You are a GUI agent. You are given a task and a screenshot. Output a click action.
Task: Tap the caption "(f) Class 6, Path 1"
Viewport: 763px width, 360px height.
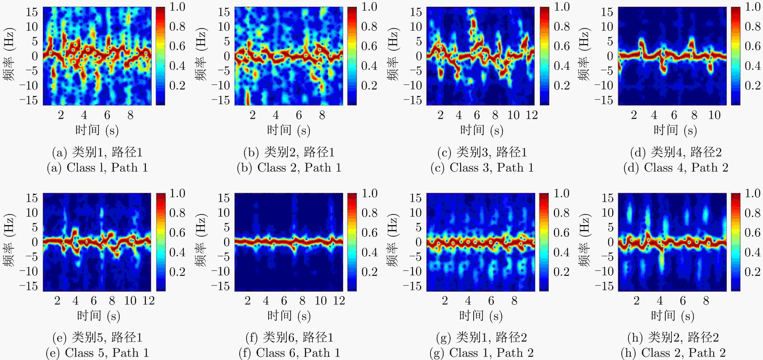pyautogui.click(x=289, y=353)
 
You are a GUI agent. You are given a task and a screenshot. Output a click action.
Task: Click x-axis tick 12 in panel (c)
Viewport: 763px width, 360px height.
pyautogui.click(x=532, y=115)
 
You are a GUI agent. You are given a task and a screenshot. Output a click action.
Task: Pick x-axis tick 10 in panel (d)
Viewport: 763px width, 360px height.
pyautogui.click(x=714, y=115)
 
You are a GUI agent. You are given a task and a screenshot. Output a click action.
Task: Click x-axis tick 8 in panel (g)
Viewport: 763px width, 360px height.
pyautogui.click(x=514, y=301)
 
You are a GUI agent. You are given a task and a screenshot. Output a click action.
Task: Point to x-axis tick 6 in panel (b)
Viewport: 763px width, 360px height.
pyautogui.click(x=299, y=115)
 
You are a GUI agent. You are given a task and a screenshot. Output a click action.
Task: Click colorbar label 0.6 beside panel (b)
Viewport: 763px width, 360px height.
pyautogui.click(x=369, y=46)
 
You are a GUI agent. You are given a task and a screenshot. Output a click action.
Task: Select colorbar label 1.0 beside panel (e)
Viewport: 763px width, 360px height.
pyautogui.click(x=177, y=193)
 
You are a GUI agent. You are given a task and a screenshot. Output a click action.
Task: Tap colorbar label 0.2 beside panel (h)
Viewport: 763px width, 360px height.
pyautogui.click(x=753, y=272)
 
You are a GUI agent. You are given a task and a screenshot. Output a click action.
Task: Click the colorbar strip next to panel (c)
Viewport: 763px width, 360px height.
pyautogui.click(x=544, y=56)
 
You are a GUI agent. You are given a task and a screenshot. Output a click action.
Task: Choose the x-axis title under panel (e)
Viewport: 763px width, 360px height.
pyautogui.click(x=98, y=316)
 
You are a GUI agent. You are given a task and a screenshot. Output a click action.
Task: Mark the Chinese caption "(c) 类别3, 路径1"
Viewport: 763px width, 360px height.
pyautogui.click(x=482, y=152)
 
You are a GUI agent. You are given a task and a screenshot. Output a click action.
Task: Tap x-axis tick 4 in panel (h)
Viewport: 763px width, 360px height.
pyautogui.click(x=659, y=301)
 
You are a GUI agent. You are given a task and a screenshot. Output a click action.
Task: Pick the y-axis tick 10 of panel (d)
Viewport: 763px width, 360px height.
pyautogui.click(x=607, y=27)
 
